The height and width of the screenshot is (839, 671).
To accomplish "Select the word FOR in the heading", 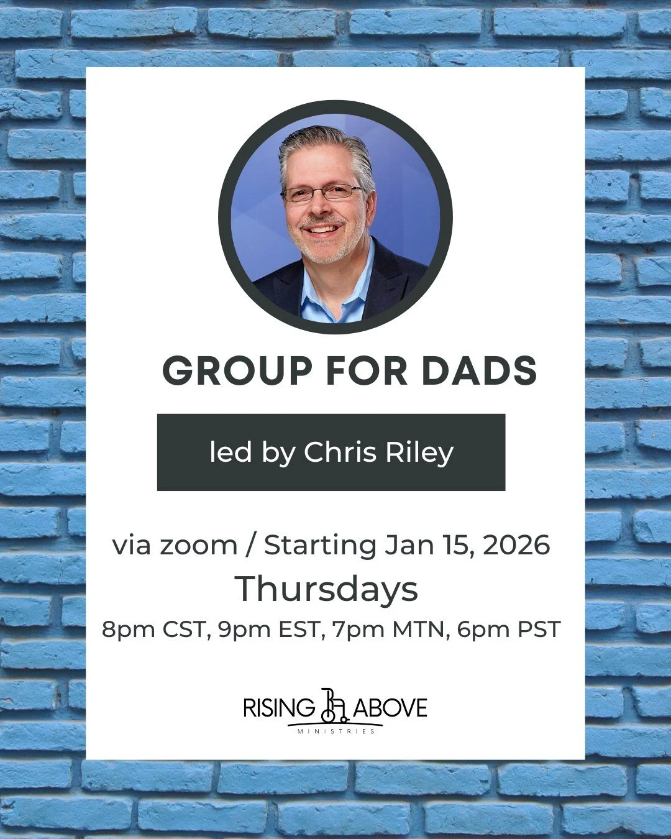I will (367, 371).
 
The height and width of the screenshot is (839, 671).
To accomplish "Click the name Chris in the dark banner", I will (340, 452).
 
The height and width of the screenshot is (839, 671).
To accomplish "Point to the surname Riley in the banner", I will (419, 452).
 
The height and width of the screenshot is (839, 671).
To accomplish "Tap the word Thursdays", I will (326, 589).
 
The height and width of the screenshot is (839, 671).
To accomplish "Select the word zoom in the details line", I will (198, 546).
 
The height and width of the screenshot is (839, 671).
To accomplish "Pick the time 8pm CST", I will (153, 630).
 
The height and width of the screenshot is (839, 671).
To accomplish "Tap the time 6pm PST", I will (509, 630).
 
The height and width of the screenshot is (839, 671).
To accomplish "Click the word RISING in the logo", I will (279, 708).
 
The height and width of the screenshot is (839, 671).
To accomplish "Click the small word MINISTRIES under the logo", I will (336, 731).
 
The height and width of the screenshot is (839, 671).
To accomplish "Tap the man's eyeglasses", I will (322, 193).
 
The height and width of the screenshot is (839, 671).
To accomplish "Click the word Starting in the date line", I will (320, 546).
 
